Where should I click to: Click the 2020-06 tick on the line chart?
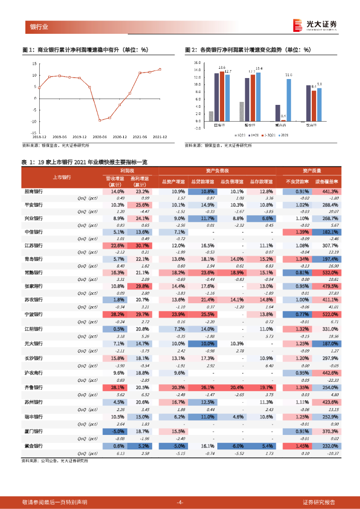(99, 136)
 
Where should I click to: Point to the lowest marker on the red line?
(99, 120)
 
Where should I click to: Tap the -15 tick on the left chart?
(34, 133)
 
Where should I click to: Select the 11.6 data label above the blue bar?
(288, 75)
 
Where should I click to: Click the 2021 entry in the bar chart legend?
(285, 135)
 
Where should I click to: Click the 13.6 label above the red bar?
(222, 67)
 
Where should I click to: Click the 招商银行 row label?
(34, 191)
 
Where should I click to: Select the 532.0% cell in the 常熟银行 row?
(330, 272)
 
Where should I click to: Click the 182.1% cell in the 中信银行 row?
(330, 232)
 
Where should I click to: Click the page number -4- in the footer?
(180, 502)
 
